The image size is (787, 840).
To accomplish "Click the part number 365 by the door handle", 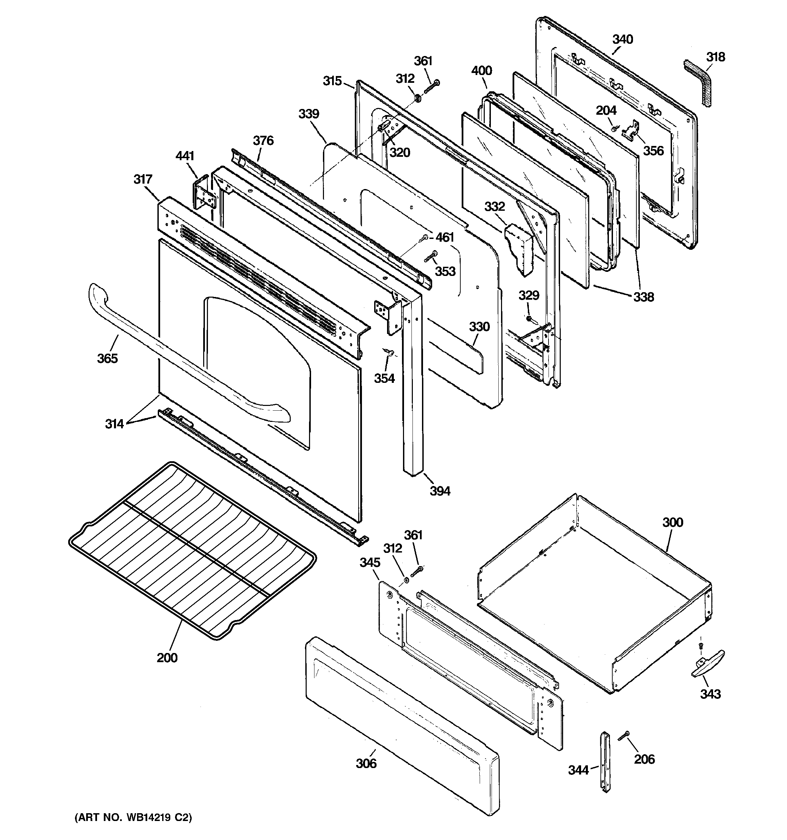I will pos(107,359).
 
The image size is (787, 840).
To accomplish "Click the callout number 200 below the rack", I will pos(167,658).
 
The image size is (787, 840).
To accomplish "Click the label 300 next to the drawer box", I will pos(673,523).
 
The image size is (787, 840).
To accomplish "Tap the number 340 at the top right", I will pos(623,40).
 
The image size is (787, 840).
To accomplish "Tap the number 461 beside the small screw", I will pos(444,238).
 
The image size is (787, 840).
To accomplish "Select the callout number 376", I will pos(263,141).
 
